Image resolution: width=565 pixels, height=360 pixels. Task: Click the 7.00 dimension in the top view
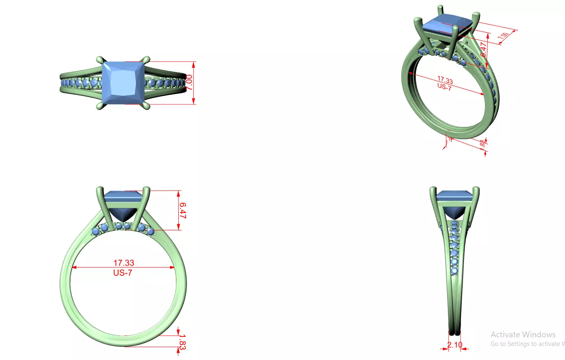coord(189,83)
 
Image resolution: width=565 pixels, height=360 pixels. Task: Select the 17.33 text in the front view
coord(123,263)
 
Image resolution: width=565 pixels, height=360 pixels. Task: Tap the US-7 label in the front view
coord(123,272)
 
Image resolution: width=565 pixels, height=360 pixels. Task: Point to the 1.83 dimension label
coord(182,342)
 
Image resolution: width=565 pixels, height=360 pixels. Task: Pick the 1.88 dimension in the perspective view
coord(482,144)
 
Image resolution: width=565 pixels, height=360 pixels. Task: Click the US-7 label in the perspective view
coord(444,87)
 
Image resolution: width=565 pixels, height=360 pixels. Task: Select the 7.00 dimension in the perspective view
coord(504,36)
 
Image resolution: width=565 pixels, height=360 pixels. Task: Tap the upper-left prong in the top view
coord(99,60)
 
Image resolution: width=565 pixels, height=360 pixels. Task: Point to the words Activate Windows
coord(523,334)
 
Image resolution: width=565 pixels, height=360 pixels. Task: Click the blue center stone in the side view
coord(454,204)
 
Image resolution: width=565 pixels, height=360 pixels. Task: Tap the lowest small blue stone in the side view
coord(454,271)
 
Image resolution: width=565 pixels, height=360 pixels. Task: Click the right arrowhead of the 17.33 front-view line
coord(173,268)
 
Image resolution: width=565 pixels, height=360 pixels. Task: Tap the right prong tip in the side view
coord(477,190)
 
